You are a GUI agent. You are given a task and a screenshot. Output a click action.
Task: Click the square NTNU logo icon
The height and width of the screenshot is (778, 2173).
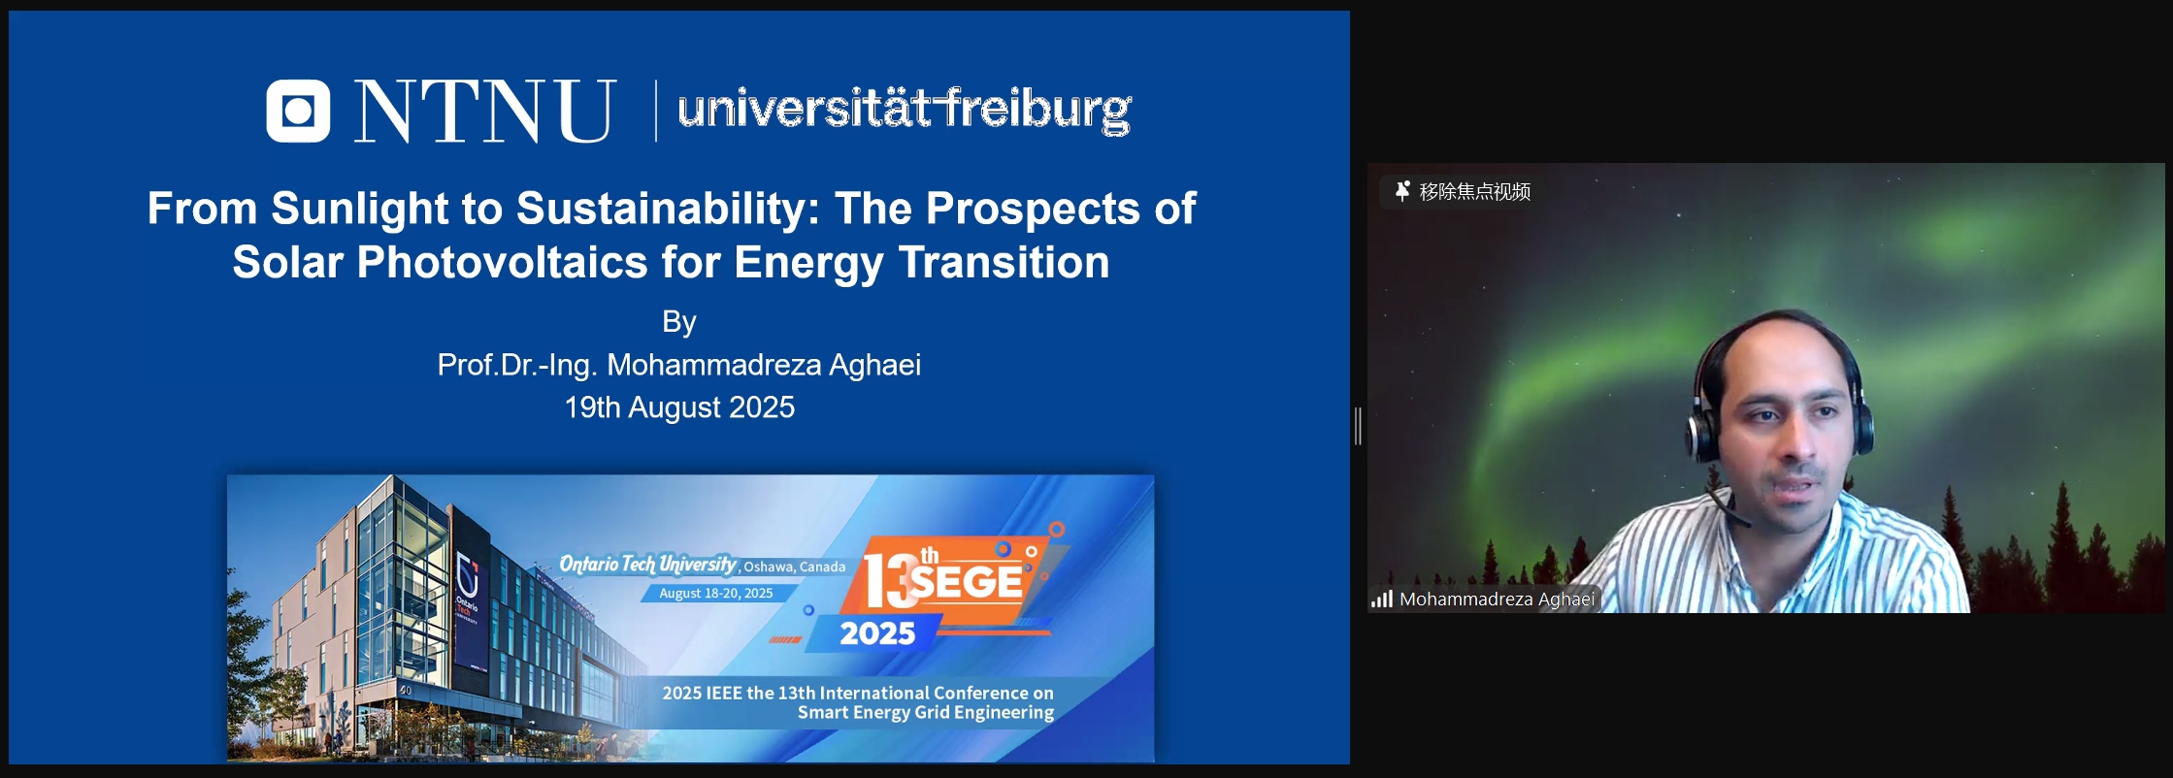point(298,111)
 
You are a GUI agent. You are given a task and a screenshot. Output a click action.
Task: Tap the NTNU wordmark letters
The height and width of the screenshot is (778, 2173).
point(484,111)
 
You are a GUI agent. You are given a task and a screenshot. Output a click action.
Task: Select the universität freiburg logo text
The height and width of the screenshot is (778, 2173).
point(905,110)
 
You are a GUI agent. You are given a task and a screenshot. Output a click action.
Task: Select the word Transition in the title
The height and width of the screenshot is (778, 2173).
point(1004,262)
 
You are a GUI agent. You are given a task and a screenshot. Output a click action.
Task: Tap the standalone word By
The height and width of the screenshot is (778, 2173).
point(679,322)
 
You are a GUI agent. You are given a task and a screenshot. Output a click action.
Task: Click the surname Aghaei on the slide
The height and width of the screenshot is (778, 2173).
point(872,365)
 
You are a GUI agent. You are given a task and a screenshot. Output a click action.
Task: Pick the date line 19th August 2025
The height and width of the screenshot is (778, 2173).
point(679,407)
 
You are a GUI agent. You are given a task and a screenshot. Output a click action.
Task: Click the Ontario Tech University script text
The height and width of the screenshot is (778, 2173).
point(648,565)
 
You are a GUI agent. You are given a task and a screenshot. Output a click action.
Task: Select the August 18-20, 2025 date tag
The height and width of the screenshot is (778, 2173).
point(716,593)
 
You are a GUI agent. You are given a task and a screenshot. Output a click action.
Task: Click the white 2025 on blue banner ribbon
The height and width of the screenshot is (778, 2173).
point(877,633)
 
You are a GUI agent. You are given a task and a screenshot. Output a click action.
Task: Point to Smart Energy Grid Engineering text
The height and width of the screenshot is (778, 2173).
point(926,713)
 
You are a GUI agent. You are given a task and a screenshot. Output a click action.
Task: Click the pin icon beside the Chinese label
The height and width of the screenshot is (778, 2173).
point(1402,191)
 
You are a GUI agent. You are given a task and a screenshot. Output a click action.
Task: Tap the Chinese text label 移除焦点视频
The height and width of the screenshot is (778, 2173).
point(1475,192)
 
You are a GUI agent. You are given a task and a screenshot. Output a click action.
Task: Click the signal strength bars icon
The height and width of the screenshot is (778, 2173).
point(1382,600)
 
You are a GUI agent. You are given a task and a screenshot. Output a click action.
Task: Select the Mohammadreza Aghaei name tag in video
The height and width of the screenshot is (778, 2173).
point(1497,600)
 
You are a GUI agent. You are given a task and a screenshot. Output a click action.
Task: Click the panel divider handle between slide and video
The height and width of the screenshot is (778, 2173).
point(1359,427)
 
